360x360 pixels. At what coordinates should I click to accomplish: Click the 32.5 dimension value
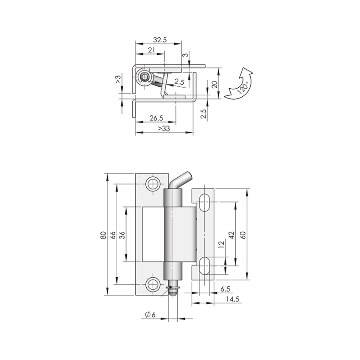160,40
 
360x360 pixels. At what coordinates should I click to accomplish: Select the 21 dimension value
151,50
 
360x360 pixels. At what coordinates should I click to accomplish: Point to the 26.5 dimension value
156,118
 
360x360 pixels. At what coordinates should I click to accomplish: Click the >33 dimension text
164,128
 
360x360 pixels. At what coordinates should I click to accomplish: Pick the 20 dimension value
214,85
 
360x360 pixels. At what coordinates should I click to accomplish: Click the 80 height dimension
103,235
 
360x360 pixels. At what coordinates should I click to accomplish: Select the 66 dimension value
113,235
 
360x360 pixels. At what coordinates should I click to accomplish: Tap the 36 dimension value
122,235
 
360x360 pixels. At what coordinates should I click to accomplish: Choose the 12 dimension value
221,244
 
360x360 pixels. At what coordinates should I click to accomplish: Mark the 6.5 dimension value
225,289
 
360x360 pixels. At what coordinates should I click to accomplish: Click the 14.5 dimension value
232,299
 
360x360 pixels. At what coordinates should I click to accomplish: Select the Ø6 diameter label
150,314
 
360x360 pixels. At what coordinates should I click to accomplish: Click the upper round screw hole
153,184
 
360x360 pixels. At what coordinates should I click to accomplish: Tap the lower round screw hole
153,285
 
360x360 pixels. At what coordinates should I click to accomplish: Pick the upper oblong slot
204,202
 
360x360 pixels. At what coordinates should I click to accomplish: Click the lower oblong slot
204,266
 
